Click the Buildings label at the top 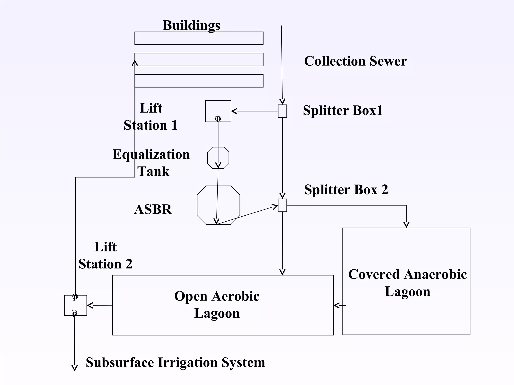pyautogui.click(x=191, y=25)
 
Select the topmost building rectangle pyautogui.click(x=199, y=38)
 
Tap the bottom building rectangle pyautogui.click(x=199, y=81)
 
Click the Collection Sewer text pyautogui.click(x=355, y=61)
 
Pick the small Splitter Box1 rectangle pyautogui.click(x=282, y=111)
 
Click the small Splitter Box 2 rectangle pyautogui.click(x=282, y=205)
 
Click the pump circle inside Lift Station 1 pyautogui.click(x=218, y=118)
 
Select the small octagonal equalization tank pyautogui.click(x=218, y=158)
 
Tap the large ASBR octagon pyautogui.click(x=218, y=205)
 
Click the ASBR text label pyautogui.click(x=153, y=209)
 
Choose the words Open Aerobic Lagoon pyautogui.click(x=217, y=305)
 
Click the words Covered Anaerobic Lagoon pyautogui.click(x=407, y=283)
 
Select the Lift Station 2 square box pyautogui.click(x=75, y=305)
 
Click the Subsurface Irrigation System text pyautogui.click(x=175, y=362)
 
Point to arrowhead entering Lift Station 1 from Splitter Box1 pyautogui.click(x=234, y=111)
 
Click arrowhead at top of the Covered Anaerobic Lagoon pyautogui.click(x=406, y=225)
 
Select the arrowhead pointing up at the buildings pyautogui.click(x=135, y=63)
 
